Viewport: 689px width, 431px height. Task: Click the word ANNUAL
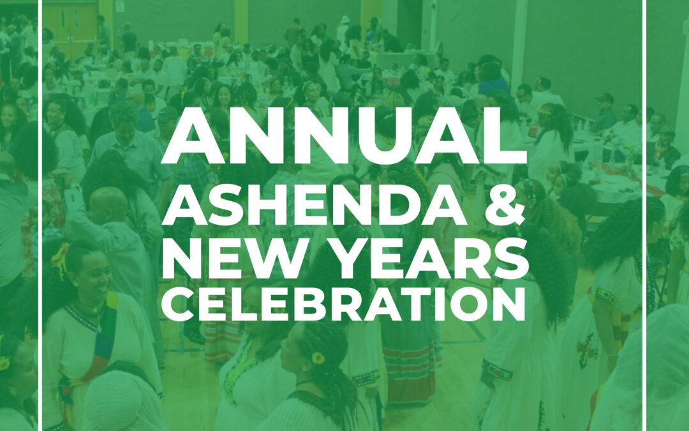(x=344, y=135)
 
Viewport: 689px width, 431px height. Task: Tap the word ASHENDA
(x=315, y=208)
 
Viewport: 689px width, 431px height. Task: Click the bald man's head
(x=108, y=205)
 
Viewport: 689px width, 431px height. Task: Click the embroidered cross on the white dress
(x=587, y=350)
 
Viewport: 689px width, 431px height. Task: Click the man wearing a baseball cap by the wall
(x=605, y=112)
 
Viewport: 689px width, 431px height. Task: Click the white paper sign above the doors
(x=120, y=6)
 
